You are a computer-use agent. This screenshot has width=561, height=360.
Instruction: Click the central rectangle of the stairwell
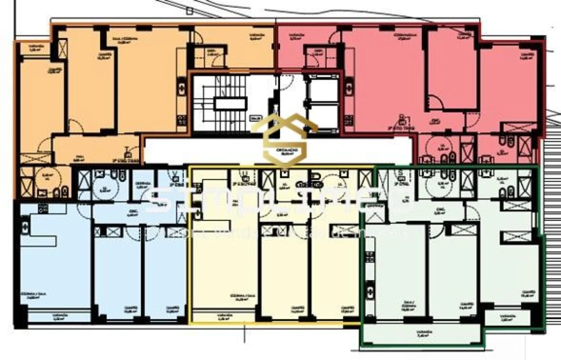pos(230,103)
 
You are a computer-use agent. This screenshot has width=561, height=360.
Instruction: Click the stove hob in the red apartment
pos(348,120)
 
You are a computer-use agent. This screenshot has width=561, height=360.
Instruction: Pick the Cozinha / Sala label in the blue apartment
pos(40,295)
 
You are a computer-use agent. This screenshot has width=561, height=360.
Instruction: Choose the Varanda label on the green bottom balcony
pos(423,333)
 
